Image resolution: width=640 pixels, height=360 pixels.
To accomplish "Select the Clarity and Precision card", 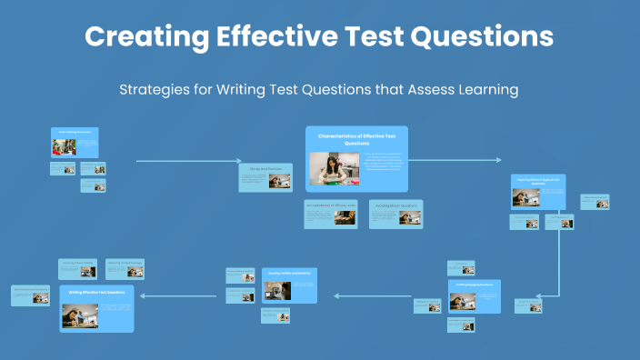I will (x=265, y=177).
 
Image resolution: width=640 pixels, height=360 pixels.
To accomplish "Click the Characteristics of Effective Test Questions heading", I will (x=356, y=139).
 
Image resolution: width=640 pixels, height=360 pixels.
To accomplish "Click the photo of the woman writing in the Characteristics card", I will (x=335, y=168).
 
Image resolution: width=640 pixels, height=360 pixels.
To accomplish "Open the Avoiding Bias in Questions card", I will (x=395, y=214).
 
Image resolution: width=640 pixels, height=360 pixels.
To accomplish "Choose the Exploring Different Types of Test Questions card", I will (x=537, y=192).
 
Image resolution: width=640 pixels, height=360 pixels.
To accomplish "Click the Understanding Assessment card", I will (x=75, y=145).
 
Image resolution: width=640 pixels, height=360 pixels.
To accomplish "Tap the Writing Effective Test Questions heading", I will (x=96, y=292).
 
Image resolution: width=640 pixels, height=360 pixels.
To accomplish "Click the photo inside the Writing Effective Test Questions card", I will (x=80, y=314).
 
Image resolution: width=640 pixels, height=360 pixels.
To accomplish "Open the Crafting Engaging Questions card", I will (x=475, y=296).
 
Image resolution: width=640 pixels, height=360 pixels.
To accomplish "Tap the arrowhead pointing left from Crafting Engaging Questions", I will (x=337, y=295).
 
